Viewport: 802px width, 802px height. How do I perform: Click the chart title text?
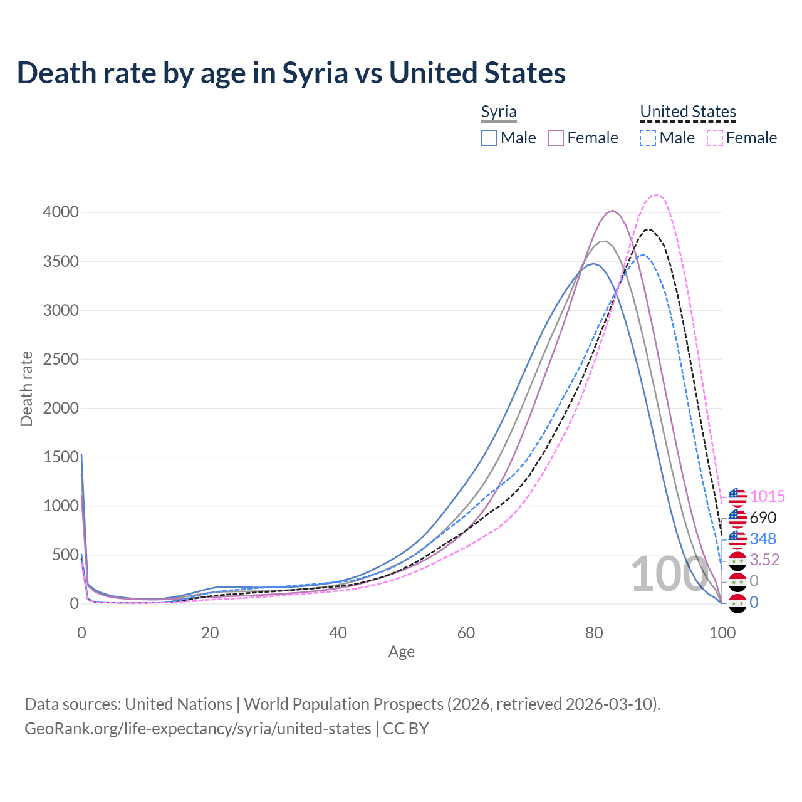point(291,73)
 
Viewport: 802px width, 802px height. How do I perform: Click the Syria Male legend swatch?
point(489,138)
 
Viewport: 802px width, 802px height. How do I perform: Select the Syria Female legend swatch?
point(556,138)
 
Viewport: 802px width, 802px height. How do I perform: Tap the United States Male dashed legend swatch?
point(648,138)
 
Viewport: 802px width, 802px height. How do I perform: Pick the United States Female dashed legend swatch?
point(715,138)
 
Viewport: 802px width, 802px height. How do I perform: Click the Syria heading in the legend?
point(499,112)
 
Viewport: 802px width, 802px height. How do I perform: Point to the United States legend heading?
point(688,112)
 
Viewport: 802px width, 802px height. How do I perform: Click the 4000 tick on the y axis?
point(61,212)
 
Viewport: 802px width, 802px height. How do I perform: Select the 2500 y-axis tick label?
point(61,359)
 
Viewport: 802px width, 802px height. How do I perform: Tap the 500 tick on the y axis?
point(65,555)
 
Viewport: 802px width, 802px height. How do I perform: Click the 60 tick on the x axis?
point(466,633)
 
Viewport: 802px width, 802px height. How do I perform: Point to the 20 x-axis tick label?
point(210,633)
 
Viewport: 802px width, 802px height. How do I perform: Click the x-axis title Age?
point(402,652)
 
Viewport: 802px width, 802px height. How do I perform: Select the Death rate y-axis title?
point(26,388)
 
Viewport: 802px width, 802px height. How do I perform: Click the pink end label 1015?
point(767,497)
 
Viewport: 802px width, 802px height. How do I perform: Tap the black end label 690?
point(763,518)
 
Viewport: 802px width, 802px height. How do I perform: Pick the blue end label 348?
point(763,539)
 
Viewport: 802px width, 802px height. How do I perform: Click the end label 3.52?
point(764,560)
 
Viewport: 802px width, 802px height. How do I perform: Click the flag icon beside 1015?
point(737,497)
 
